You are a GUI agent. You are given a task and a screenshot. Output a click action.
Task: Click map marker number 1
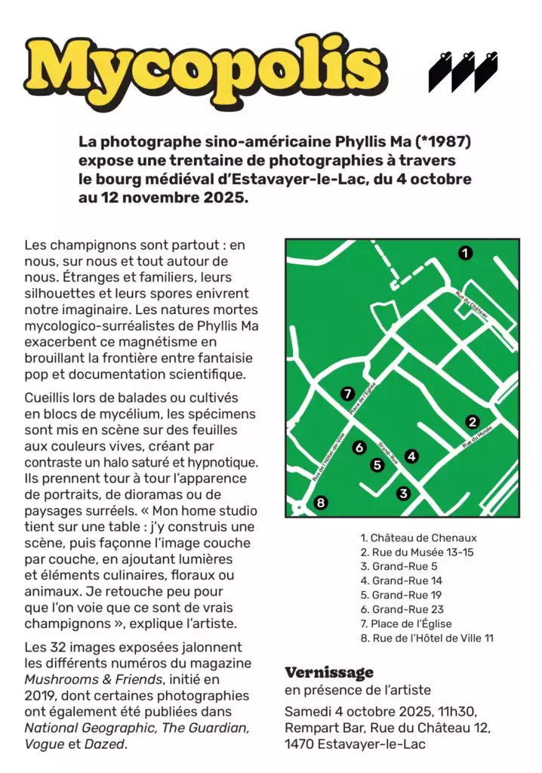[x=466, y=253]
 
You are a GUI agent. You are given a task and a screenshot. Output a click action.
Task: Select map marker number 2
[x=473, y=422]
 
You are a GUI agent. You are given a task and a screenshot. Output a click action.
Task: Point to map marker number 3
[x=403, y=493]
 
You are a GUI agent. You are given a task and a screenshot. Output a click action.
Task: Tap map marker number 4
[x=411, y=456]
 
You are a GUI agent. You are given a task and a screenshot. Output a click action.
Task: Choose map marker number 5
[x=377, y=465]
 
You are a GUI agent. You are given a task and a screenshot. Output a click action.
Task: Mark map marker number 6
[x=359, y=448]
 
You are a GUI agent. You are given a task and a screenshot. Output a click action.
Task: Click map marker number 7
[x=347, y=393]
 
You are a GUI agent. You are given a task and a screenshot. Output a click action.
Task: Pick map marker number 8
[x=321, y=502]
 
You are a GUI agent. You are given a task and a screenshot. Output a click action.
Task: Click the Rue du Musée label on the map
[x=477, y=437]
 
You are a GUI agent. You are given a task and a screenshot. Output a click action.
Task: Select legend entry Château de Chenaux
[x=418, y=538]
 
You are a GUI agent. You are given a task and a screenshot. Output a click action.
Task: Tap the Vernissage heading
[x=328, y=673]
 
